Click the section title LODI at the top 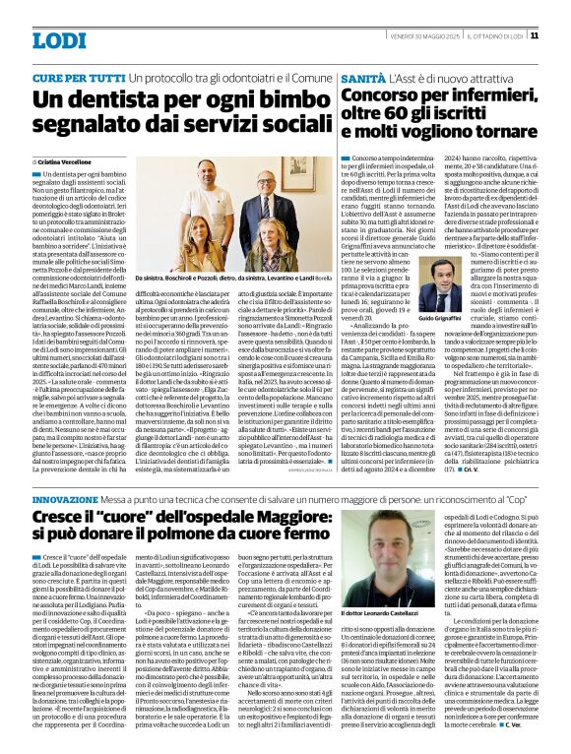tap(59, 40)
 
